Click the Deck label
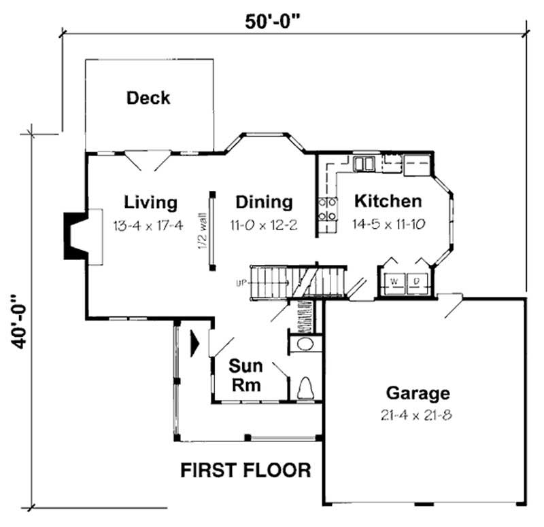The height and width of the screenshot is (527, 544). (x=148, y=98)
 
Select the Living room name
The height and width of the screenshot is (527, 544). (x=150, y=202)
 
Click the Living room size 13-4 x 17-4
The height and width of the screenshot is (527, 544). (x=148, y=225)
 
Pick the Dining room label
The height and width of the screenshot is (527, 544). (x=264, y=202)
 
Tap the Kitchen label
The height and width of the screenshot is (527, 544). (x=388, y=202)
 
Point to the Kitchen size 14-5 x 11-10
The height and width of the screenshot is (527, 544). (x=388, y=225)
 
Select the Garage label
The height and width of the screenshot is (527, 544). (x=418, y=393)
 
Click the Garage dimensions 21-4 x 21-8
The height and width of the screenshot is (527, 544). (x=418, y=415)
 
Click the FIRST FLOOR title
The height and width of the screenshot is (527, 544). (x=245, y=470)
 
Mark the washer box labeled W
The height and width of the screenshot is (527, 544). (x=394, y=281)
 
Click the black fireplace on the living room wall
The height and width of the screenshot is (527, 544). (x=73, y=235)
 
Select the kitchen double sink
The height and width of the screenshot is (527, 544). (x=364, y=164)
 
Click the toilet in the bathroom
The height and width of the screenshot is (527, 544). (x=305, y=388)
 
